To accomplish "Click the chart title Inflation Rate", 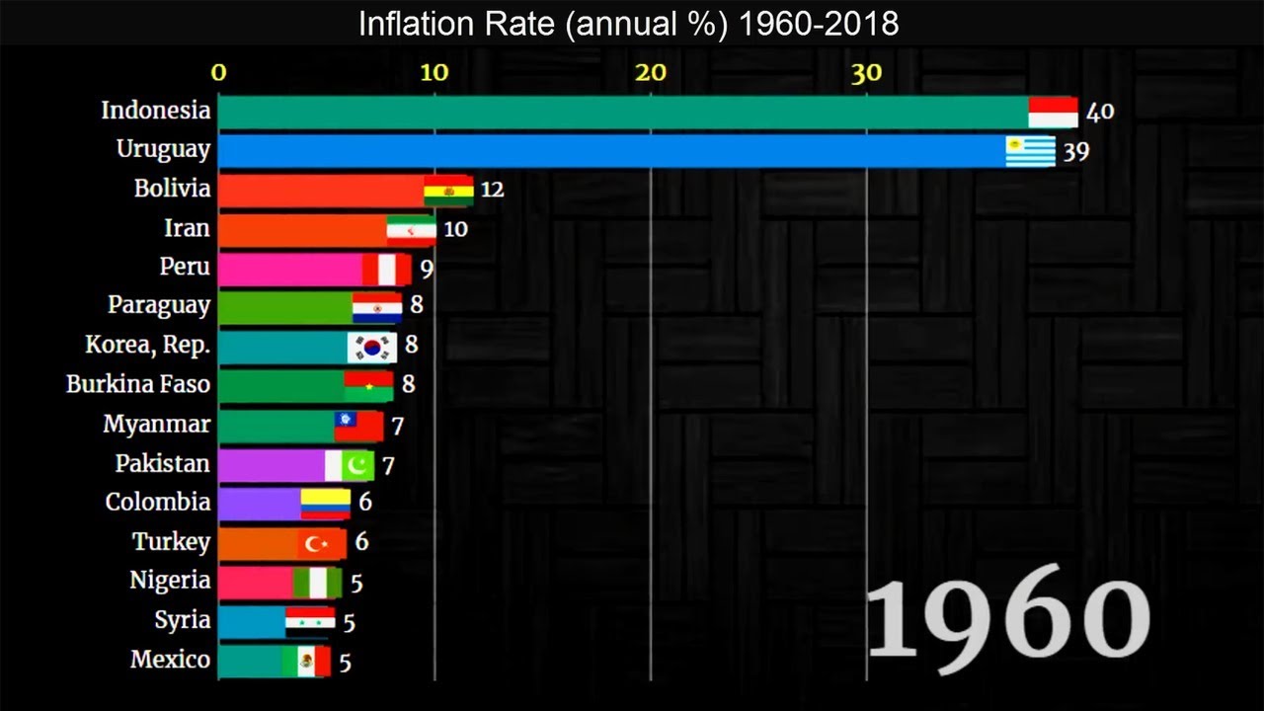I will click(x=628, y=23).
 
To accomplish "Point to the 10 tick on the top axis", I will click(x=434, y=72).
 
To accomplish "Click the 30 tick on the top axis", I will click(x=866, y=72).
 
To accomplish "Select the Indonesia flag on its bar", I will click(x=1053, y=112).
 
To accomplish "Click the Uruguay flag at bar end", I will click(x=1030, y=151).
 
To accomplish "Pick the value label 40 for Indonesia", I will click(x=1099, y=112).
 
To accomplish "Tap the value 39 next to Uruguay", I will click(x=1075, y=151).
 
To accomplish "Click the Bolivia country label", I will click(x=172, y=189).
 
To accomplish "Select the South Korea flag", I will click(x=371, y=347).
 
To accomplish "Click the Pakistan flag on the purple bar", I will click(x=350, y=464).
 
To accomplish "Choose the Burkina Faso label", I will click(x=138, y=384).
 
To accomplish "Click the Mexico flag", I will click(x=306, y=661).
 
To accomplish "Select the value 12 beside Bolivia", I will click(x=492, y=190).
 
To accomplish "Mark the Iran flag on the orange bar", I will click(x=411, y=229).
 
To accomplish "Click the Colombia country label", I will click(x=158, y=502).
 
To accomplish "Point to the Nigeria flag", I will click(x=317, y=583).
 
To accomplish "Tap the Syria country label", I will click(x=182, y=620).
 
